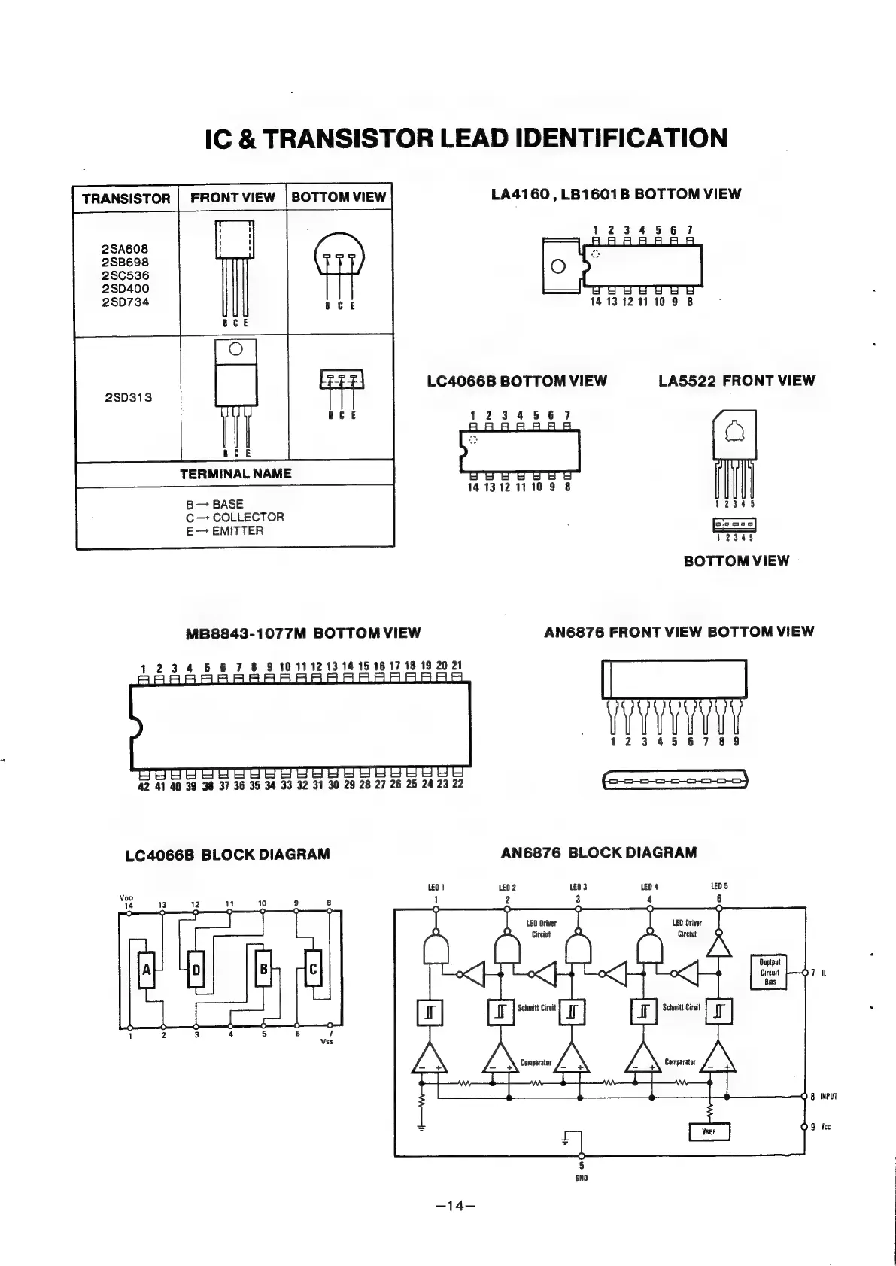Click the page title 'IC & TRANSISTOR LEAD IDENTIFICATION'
(466, 138)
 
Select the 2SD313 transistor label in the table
(129, 397)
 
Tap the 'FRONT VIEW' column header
(232, 197)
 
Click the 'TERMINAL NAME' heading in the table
(235, 474)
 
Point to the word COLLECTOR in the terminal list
(248, 518)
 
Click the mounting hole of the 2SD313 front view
(235, 348)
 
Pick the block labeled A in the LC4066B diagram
(147, 970)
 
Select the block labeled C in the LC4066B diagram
(313, 970)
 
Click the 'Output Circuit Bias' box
(770, 972)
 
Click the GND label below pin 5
(581, 1178)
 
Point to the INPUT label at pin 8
(828, 1097)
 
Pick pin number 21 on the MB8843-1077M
(457, 666)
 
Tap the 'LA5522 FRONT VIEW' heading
(736, 381)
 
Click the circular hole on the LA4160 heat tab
(557, 266)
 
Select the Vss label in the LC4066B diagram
(327, 1042)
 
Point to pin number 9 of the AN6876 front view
(736, 742)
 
